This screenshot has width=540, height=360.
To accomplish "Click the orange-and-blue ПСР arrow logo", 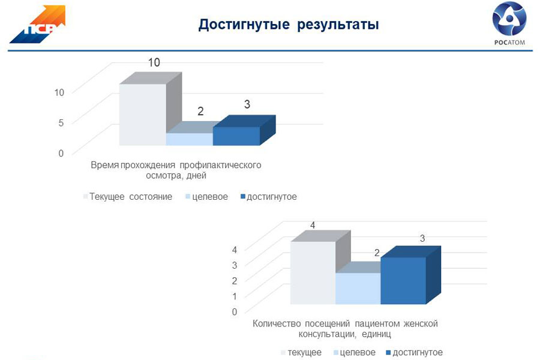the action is (x=38, y=24).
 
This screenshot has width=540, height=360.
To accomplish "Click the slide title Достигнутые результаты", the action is (x=289, y=25).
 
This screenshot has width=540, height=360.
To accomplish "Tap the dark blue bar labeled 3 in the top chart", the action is (x=244, y=131).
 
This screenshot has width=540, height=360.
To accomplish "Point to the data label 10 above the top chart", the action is (x=154, y=62).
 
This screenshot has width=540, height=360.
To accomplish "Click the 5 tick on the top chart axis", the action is (x=61, y=122).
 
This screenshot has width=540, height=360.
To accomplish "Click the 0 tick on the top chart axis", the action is (x=61, y=153).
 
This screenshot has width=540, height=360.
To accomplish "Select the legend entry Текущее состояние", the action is (x=128, y=197).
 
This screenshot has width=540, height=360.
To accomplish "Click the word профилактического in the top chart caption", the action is (x=220, y=166).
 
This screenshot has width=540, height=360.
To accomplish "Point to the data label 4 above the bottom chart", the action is (x=313, y=226).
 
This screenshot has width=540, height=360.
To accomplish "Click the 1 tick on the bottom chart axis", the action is (x=235, y=296).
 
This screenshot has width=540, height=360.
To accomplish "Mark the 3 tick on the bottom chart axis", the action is (x=235, y=265).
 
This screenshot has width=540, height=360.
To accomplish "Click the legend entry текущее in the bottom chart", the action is (x=301, y=352).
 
